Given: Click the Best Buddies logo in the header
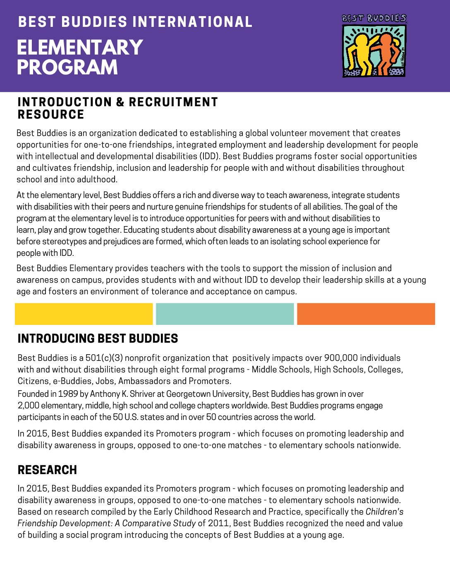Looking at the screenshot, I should click(374, 46).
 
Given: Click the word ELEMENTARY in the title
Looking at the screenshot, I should click(80, 48).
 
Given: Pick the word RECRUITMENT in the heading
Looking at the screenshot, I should click(173, 102).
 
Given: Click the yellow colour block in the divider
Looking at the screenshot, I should click(84, 314).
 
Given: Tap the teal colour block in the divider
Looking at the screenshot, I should click(225, 314).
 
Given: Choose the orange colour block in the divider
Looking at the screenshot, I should click(366, 314).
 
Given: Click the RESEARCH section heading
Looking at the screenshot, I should click(47, 470).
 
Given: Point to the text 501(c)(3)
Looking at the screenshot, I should click(103, 358).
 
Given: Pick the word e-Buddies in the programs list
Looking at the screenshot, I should click(72, 381).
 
